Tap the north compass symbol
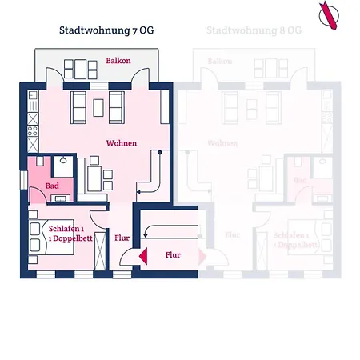point(328,15)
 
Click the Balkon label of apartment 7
point(118,60)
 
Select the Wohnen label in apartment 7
point(121,143)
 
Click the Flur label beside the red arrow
point(174,255)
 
